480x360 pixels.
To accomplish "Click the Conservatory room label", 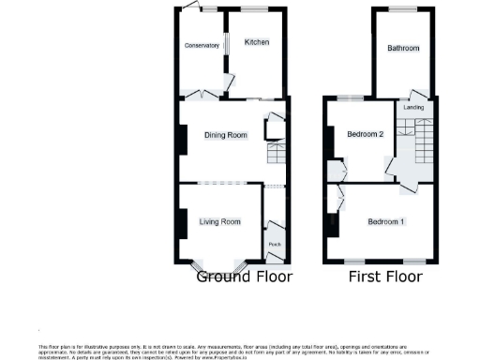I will point(202,46).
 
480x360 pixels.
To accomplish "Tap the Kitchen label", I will point(257,42).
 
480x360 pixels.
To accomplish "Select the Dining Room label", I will point(226,136).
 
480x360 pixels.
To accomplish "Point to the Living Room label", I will point(219,222).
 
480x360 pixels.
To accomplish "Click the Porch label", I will point(275,245).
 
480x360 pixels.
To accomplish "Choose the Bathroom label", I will point(403,48).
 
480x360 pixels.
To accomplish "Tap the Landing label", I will point(413,108).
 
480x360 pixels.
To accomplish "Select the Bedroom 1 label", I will point(386,222).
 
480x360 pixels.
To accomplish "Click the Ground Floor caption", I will point(244,277).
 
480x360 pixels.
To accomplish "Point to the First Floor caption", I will point(385,277).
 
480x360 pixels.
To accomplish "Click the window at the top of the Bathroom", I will point(403,8).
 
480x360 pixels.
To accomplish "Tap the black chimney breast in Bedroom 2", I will point(328,141).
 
